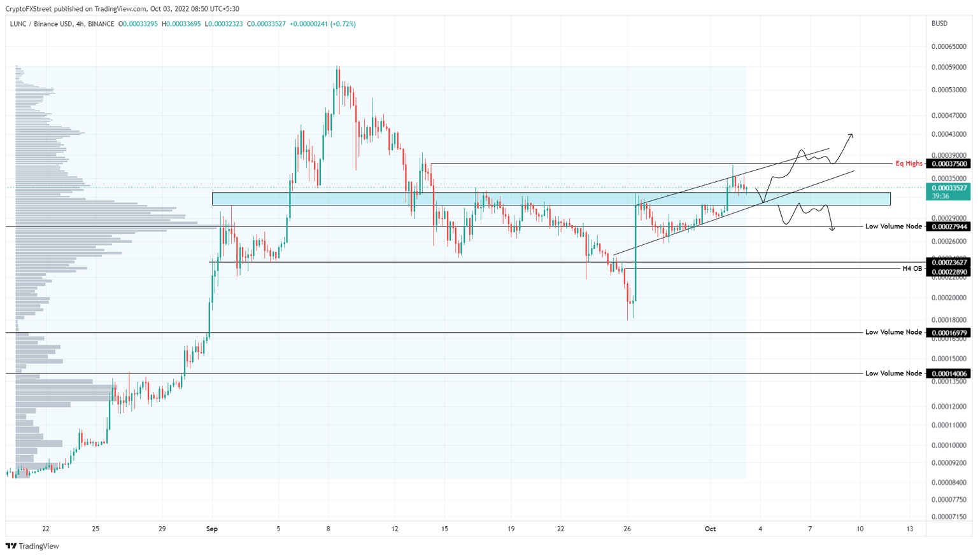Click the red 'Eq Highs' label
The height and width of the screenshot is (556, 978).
909,163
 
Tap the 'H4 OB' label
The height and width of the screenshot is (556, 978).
912,268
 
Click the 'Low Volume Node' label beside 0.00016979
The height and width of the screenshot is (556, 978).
893,332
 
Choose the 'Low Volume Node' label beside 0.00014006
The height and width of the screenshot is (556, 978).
893,373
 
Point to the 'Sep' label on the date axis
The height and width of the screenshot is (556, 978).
212,529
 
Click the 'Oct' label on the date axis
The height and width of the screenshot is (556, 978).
710,529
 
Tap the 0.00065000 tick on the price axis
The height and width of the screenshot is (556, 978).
948,46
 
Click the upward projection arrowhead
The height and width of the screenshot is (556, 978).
851,136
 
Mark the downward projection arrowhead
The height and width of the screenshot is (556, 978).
832,228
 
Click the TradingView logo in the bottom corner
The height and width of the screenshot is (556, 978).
32,546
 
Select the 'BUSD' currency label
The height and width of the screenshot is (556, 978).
939,24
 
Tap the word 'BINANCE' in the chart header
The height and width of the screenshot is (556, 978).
101,24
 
